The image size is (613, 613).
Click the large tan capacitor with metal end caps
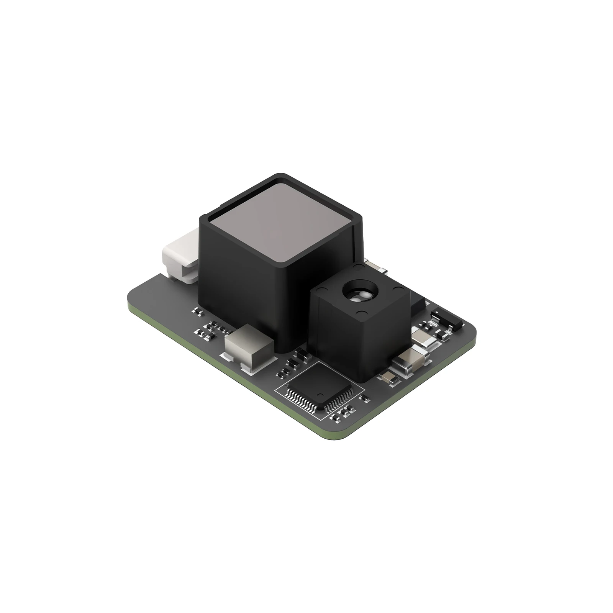pos(410,361)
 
